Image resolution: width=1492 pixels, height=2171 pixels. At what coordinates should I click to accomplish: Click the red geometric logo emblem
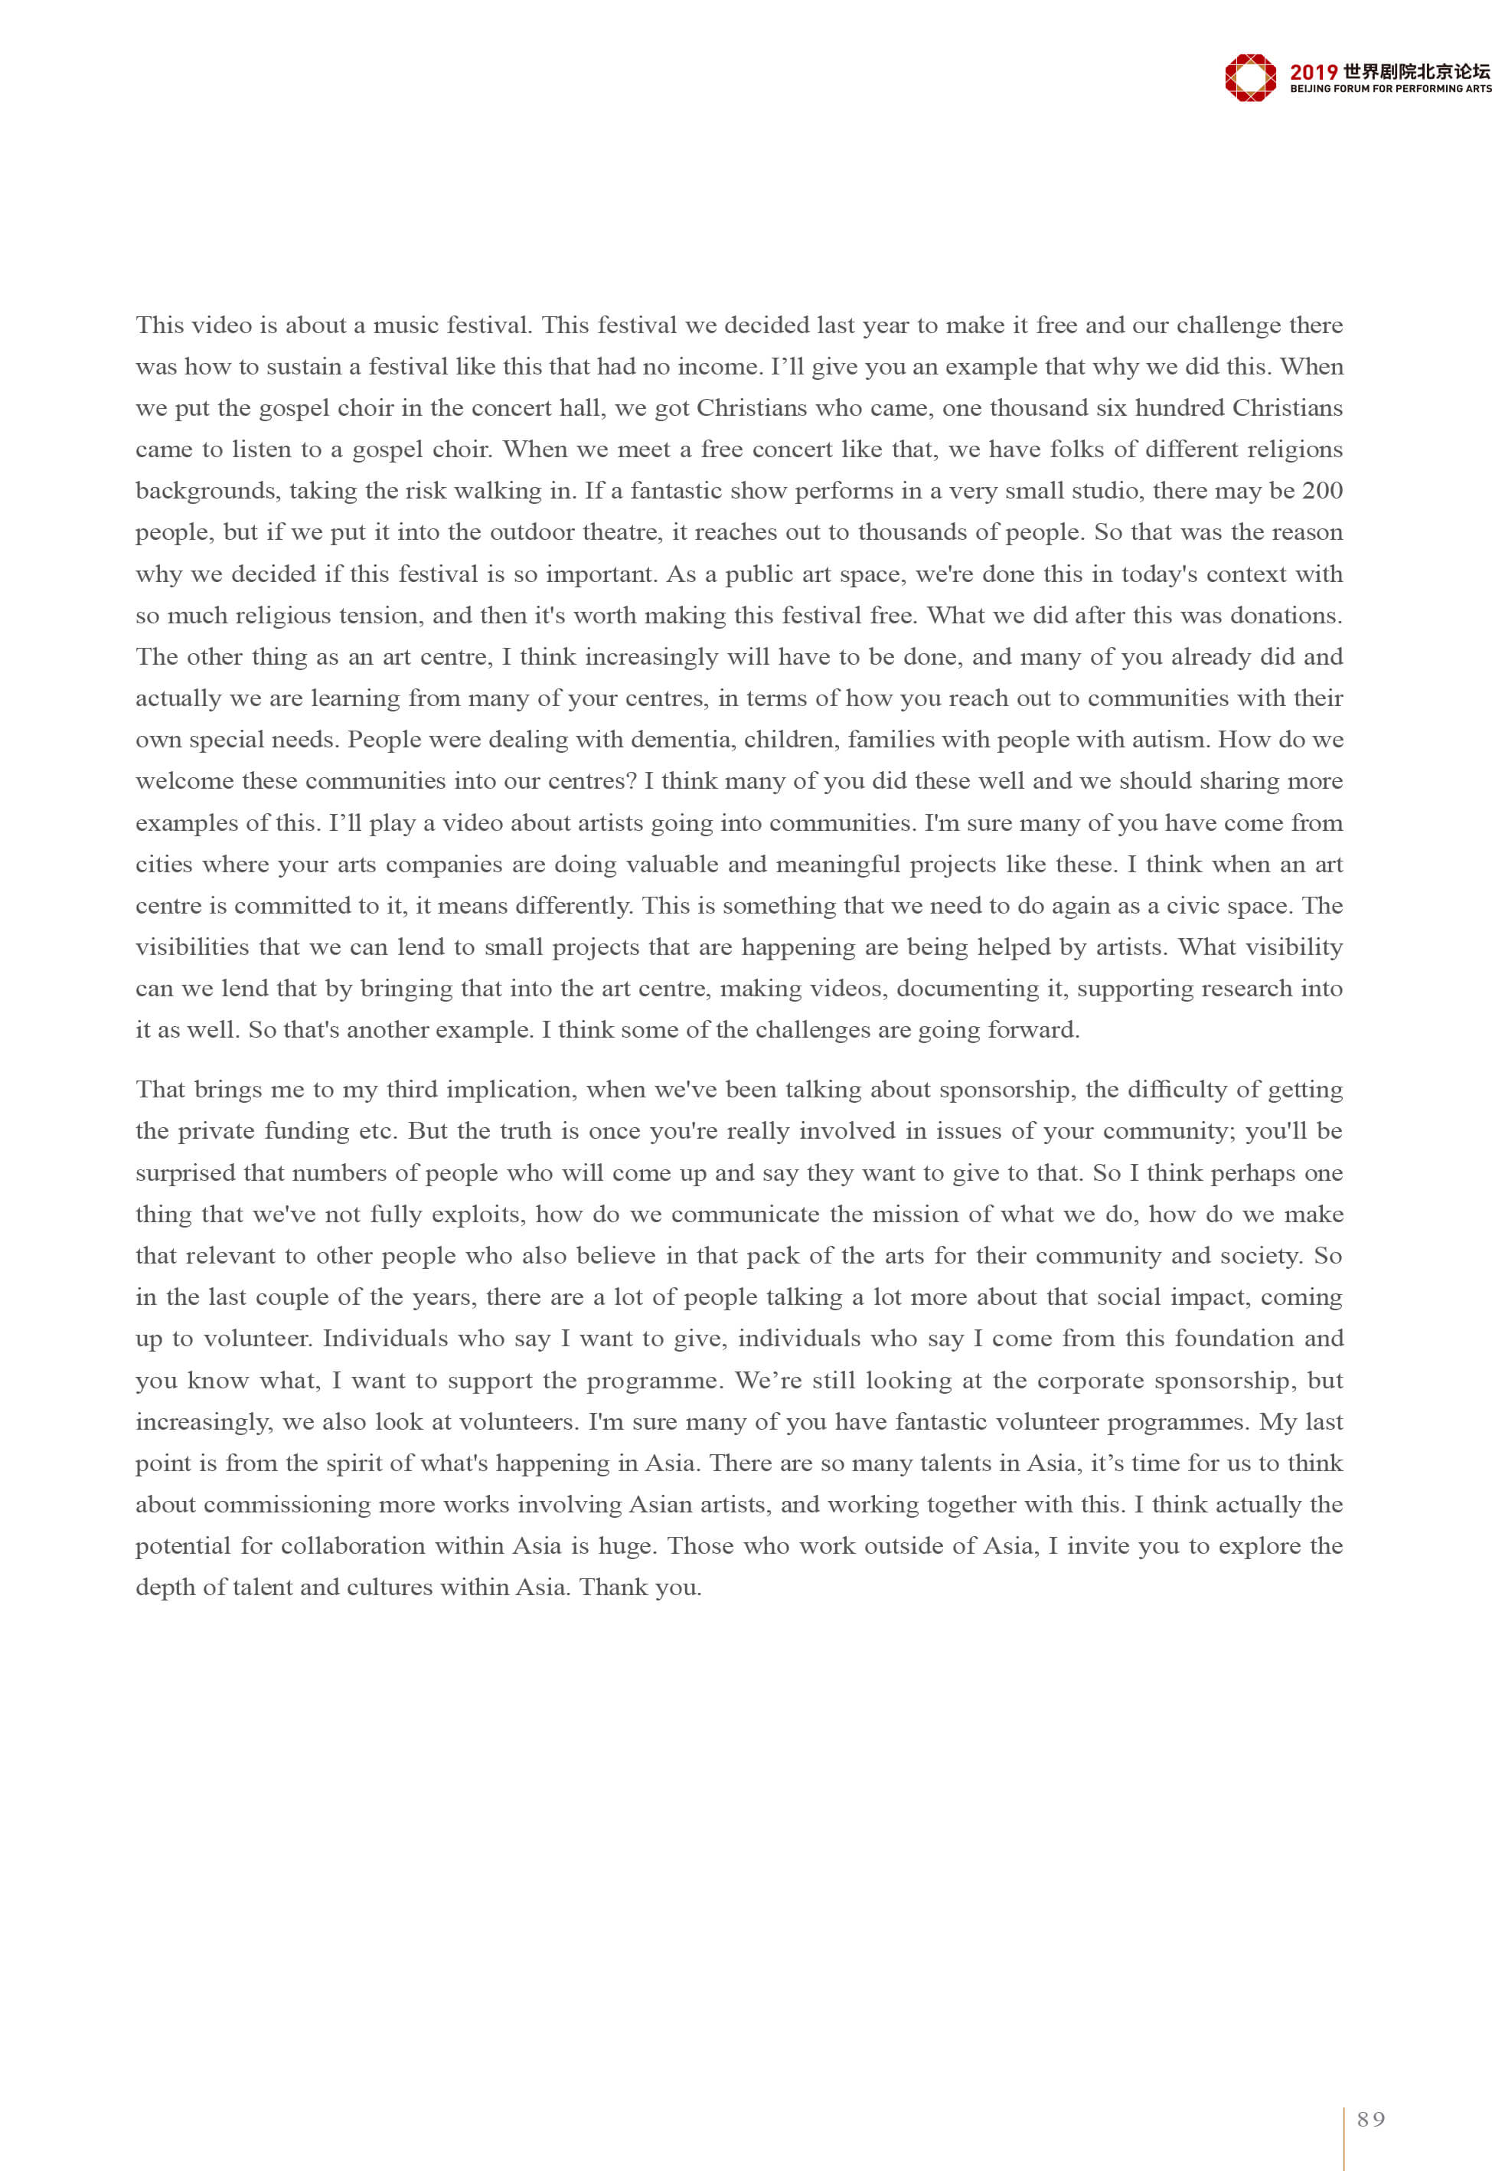coord(1250,77)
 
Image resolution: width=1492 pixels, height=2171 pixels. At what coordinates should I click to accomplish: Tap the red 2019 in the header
coord(1314,72)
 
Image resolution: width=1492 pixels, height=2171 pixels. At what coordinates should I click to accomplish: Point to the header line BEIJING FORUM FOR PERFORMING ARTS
coord(1390,89)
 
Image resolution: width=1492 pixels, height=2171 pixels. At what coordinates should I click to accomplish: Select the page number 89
coord(1371,2119)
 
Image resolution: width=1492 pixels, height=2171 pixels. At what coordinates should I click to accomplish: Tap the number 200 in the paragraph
coord(1322,491)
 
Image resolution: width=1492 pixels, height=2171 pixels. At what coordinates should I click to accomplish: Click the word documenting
coord(975,989)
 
